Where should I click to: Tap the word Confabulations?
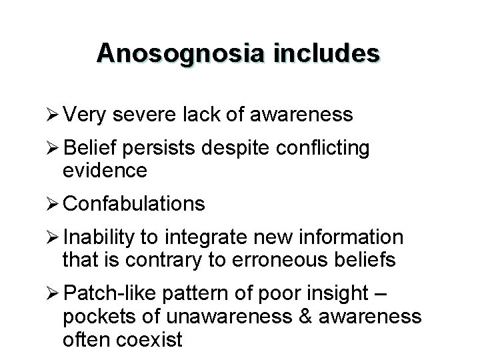pos(133,203)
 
